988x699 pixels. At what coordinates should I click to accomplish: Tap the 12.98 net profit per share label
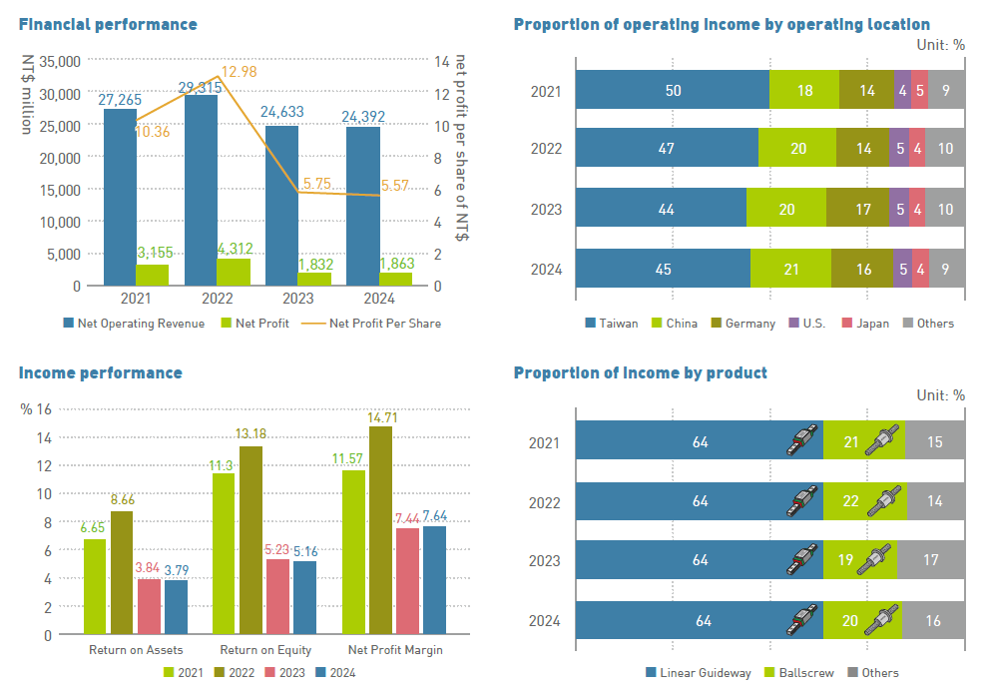coord(239,72)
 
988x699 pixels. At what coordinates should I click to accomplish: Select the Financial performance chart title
coord(108,24)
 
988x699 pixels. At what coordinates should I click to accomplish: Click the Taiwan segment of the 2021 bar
coord(673,90)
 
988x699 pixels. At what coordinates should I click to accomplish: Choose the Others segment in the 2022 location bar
coord(945,149)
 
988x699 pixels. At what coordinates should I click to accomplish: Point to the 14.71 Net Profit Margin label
coord(381,417)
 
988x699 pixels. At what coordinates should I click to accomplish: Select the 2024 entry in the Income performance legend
coord(334,673)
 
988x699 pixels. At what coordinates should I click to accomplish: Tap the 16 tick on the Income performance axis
coord(45,409)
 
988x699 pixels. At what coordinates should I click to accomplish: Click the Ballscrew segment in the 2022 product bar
coord(850,501)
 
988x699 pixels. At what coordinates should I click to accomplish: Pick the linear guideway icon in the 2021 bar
coord(804,441)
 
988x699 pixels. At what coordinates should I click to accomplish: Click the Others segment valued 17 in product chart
coord(930,560)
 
